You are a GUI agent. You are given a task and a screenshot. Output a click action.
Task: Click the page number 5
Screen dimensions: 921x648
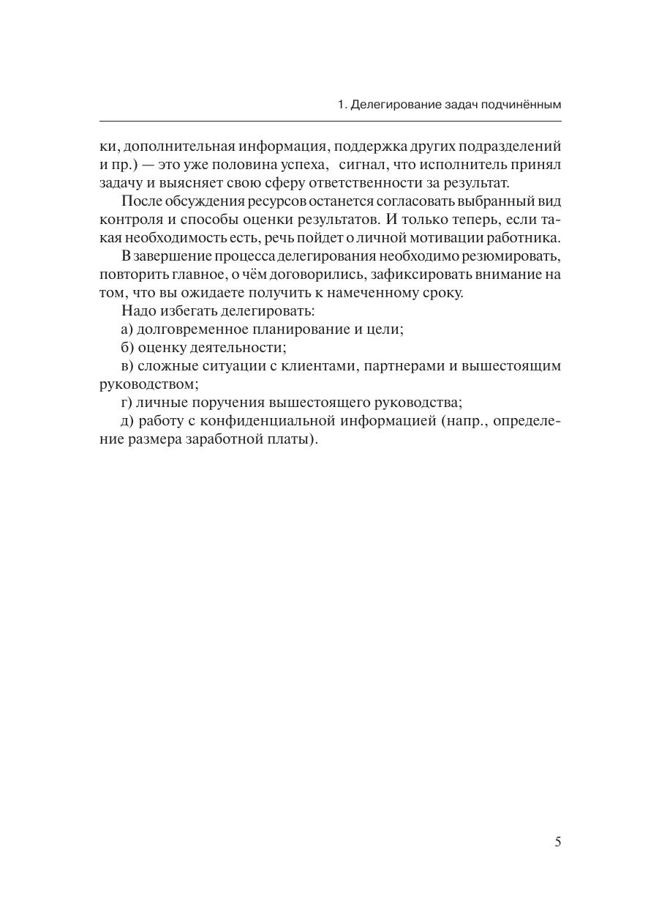pyautogui.click(x=557, y=842)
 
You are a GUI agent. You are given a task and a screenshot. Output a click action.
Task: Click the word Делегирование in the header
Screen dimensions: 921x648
pyautogui.click(x=395, y=105)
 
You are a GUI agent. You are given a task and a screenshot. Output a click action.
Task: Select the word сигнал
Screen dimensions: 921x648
pyautogui.click(x=365, y=165)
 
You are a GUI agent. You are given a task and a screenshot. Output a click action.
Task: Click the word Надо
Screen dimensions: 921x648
pyautogui.click(x=137, y=310)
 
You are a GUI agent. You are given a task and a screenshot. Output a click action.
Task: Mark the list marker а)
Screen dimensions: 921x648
pyautogui.click(x=127, y=329)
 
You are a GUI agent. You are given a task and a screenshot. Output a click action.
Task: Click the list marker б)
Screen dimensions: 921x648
pyautogui.click(x=127, y=347)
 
